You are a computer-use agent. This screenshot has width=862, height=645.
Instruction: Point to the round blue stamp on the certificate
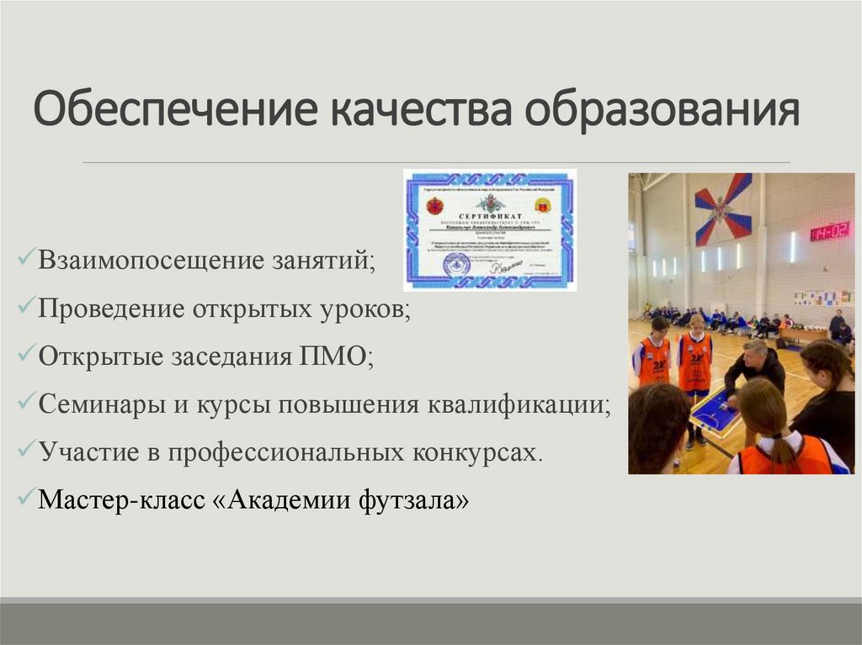click(454, 264)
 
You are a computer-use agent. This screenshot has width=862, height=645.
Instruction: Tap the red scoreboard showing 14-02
click(829, 230)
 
